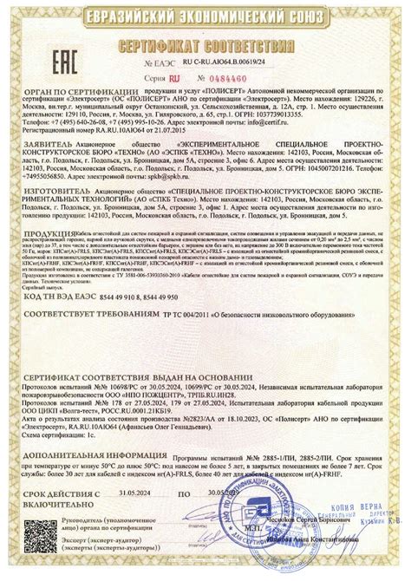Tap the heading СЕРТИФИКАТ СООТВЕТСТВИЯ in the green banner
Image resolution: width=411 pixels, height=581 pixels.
[205, 42]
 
